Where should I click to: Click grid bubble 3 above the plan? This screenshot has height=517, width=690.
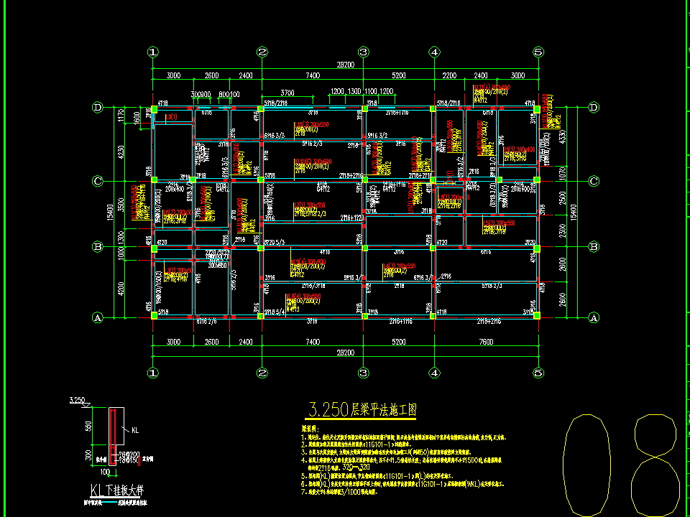click(x=363, y=52)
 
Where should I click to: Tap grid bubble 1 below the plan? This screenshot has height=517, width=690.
click(x=152, y=373)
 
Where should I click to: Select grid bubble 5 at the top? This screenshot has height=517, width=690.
click(x=538, y=52)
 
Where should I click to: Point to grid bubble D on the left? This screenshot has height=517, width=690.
click(x=98, y=108)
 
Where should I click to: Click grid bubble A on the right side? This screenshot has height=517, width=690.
click(x=594, y=317)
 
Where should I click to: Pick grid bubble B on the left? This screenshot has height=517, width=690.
click(x=98, y=247)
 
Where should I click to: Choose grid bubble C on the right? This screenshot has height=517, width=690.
click(x=594, y=181)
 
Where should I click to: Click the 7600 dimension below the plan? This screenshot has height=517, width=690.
click(x=486, y=342)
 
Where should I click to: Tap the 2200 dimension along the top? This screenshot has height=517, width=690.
click(x=449, y=75)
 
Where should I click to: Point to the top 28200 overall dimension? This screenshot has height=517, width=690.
click(x=345, y=64)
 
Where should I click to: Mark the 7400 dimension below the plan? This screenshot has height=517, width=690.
click(x=312, y=342)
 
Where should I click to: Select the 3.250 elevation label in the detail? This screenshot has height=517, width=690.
click(x=76, y=399)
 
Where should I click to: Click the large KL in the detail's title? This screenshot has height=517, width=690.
click(x=97, y=490)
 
